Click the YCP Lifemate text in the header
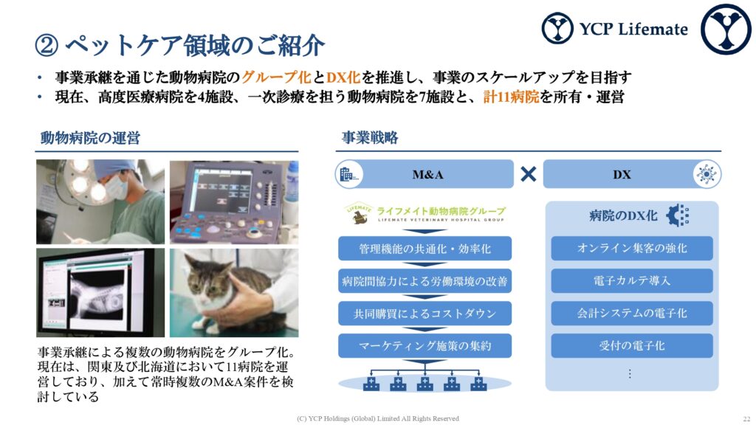pyautogui.click(x=633, y=29)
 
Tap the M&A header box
pyautogui.click(x=425, y=174)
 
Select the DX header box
pyautogui.click(x=632, y=174)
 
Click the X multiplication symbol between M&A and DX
pyautogui.click(x=529, y=174)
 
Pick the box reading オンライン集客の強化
pyautogui.click(x=632, y=248)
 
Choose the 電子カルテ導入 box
pyautogui.click(x=632, y=280)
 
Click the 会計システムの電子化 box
pyautogui.click(x=632, y=313)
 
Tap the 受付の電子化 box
pyautogui.click(x=632, y=345)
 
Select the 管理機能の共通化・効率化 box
pyautogui.click(x=425, y=249)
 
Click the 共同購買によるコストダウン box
pyautogui.click(x=425, y=313)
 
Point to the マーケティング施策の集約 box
pyautogui.click(x=425, y=345)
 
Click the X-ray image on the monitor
pyautogui.click(x=99, y=294)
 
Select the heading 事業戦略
pyautogui.click(x=370, y=138)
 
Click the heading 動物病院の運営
pyautogui.click(x=90, y=138)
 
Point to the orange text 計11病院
pyautogui.click(x=511, y=97)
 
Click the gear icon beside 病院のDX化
pyautogui.click(x=678, y=215)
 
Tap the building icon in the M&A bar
pyautogui.click(x=348, y=174)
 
